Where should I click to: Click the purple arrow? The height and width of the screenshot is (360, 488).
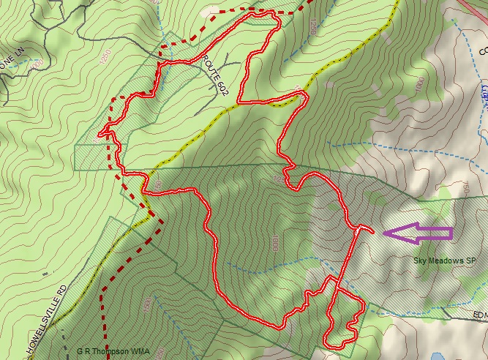[x=418, y=233]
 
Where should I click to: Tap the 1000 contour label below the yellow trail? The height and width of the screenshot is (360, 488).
[x=418, y=85]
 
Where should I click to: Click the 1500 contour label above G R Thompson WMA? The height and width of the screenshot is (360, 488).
[x=148, y=302]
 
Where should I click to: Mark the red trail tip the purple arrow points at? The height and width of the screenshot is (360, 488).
[x=373, y=231]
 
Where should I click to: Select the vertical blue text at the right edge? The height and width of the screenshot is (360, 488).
[x=483, y=91]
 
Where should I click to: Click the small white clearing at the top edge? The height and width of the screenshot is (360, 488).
[x=212, y=8]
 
